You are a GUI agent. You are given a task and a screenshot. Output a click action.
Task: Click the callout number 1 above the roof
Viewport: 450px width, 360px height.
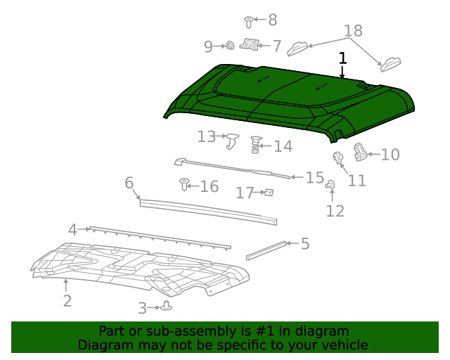pos(342,58)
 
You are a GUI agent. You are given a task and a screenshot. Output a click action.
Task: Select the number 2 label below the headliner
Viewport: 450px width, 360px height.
pos(67,301)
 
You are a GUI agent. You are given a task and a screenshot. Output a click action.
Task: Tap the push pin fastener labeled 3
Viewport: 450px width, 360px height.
pos(167,306)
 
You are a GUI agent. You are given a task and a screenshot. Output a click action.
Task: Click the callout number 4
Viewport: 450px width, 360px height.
pos(72,229)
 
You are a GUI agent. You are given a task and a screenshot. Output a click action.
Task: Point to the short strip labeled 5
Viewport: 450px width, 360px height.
pos(266,250)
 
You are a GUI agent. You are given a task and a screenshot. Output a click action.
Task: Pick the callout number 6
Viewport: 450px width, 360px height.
pos(129,183)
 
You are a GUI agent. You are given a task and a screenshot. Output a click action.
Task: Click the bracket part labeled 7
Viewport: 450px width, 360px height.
pos(249,45)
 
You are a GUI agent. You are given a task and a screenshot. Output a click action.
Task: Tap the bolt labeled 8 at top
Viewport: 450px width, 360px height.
pos(249,21)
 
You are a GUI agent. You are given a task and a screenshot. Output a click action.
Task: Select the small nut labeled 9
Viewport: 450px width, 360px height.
pos(229,46)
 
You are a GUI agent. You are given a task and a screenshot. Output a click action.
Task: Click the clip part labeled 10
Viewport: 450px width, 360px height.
pos(360,151)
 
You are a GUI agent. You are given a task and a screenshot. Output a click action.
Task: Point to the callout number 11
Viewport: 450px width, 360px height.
pos(357,181)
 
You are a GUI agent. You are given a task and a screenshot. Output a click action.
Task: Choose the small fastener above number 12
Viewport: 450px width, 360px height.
pos(329,184)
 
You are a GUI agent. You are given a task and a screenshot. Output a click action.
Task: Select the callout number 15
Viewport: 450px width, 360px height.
pos(314,177)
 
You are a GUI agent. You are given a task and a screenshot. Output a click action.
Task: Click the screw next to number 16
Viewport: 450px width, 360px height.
pos(185,185)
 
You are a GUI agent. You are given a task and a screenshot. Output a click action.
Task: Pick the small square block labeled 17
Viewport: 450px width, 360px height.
pos(267,192)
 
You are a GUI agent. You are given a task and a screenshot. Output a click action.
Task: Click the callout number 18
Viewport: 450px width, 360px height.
pos(354,31)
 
